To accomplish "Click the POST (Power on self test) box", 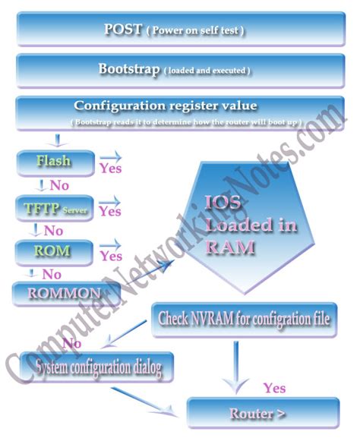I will coord(175,30).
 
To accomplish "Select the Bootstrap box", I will coord(175,70).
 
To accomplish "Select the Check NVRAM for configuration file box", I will coord(244,320).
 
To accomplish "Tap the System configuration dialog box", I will coord(99,370).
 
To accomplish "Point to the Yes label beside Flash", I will coord(110,169).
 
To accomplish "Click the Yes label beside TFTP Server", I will coord(110,212).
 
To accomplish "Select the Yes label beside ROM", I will coord(111,256).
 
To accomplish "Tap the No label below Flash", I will coord(58,185).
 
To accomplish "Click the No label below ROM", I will coord(52,273).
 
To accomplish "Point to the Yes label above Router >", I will coord(274,388).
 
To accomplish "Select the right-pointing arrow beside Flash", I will coord(109,156).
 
